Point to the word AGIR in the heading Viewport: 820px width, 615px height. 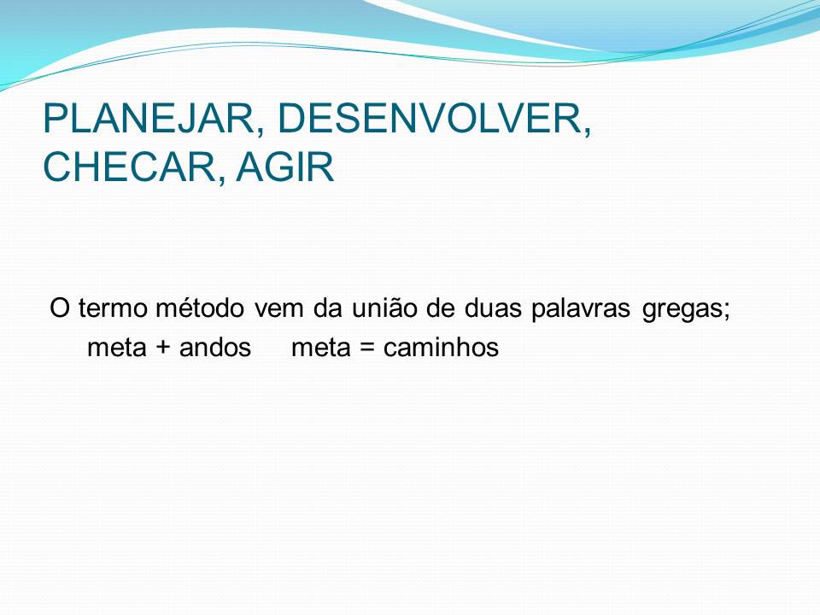point(285,167)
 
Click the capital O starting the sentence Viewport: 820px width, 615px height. point(60,308)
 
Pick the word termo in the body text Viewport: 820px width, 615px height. point(113,308)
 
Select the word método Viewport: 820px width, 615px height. point(200,307)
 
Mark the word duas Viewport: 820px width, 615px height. point(493,308)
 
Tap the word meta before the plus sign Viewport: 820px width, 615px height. point(117,348)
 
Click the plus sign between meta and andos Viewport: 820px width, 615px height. point(163,348)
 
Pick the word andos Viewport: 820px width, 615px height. point(215,348)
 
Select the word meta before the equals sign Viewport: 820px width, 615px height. point(321,348)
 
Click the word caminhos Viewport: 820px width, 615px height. point(441,348)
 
